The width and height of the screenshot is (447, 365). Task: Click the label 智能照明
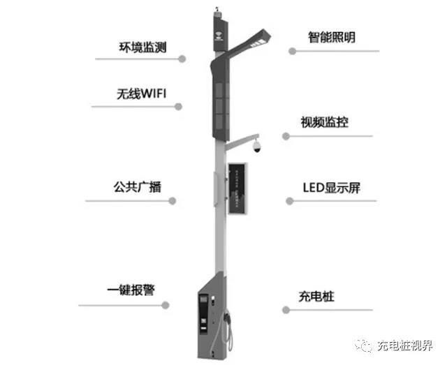click(x=332, y=36)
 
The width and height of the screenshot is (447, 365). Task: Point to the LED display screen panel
click(x=240, y=188)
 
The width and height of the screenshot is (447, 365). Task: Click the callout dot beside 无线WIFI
click(x=179, y=107)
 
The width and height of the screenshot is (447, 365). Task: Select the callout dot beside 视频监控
click(x=286, y=135)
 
